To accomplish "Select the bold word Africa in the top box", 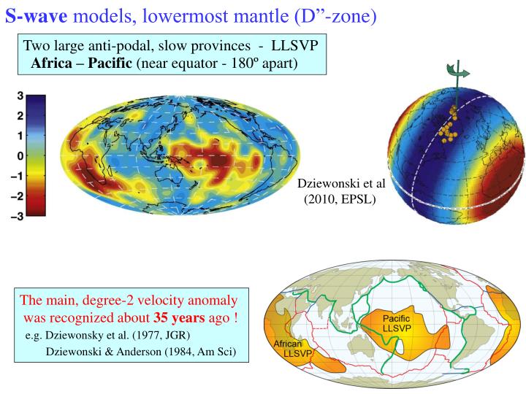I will tap(52, 63).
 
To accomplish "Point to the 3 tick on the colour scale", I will tap(20, 96).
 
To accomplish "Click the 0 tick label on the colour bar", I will tap(20, 156).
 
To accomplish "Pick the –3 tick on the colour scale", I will tap(16, 217).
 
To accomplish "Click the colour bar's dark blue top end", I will tap(36, 101).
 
